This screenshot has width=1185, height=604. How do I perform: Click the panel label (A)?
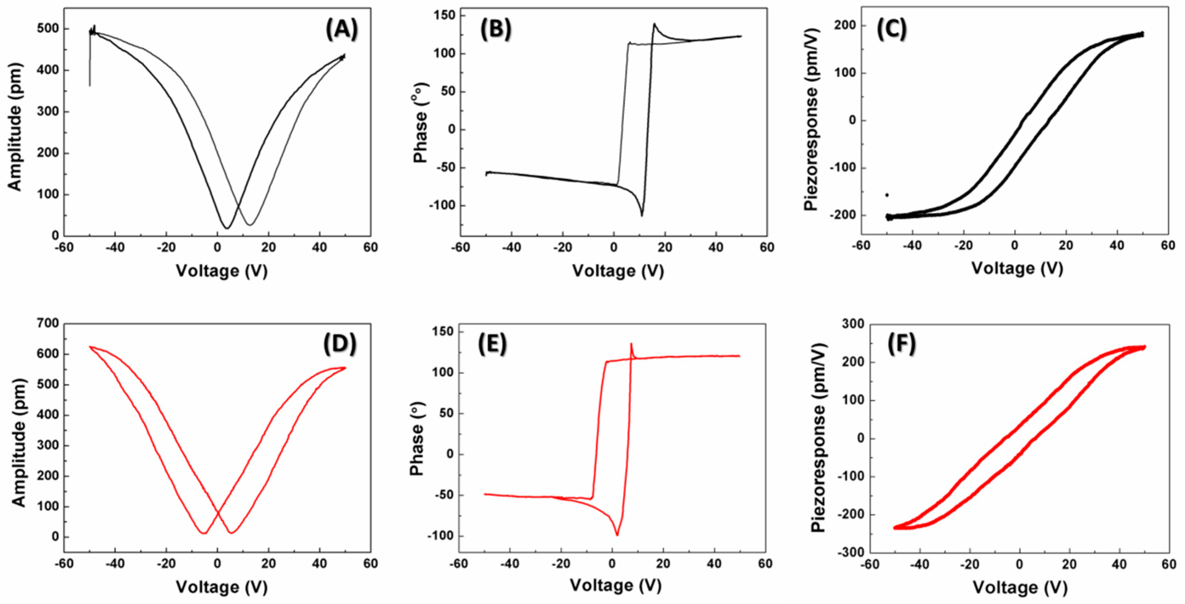[x=341, y=30]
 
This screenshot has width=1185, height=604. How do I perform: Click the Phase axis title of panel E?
[x=417, y=449]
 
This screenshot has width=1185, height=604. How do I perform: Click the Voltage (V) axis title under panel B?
[x=618, y=271]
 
